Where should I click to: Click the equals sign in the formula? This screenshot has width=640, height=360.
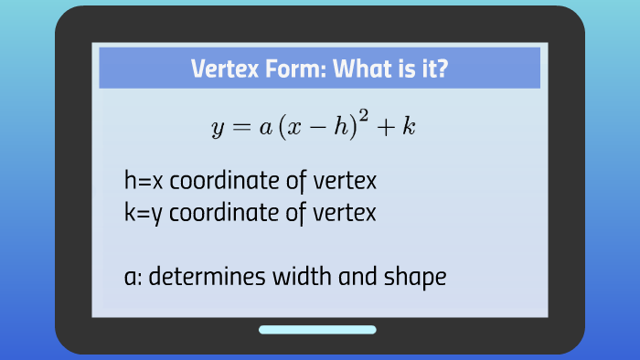click(240, 127)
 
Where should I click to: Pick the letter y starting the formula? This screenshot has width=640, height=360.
click(218, 129)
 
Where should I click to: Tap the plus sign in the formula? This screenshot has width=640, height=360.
click(389, 127)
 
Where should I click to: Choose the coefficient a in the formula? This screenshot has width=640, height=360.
click(264, 128)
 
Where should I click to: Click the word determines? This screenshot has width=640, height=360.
click(198, 276)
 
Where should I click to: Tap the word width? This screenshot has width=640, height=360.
click(298, 276)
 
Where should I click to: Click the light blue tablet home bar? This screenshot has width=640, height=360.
click(317, 330)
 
